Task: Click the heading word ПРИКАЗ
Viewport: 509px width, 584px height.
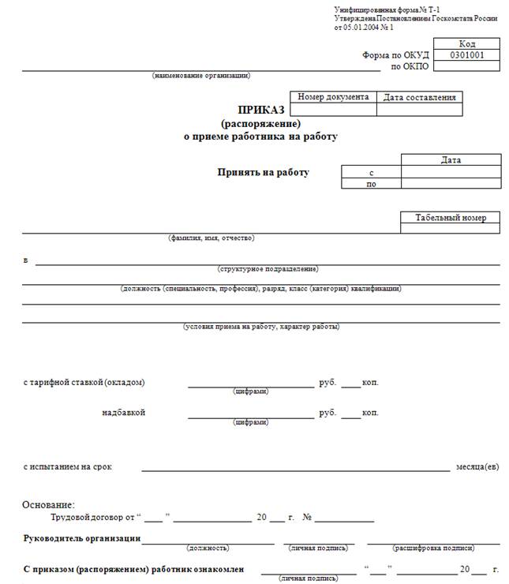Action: pos(260,110)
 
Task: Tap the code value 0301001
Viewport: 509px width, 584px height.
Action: pos(467,55)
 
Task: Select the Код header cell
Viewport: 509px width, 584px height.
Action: pos(467,44)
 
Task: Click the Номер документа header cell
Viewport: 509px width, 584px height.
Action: pos(334,97)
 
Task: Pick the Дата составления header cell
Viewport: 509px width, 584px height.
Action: pos(420,98)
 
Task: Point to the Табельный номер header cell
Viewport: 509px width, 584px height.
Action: pos(451,218)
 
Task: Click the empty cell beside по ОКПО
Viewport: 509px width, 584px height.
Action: pos(467,66)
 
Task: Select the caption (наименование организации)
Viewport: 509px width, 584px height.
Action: pos(201,76)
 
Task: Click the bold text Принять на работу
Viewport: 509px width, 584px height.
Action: pos(264,172)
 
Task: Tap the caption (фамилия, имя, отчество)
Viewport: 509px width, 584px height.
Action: pos(211,238)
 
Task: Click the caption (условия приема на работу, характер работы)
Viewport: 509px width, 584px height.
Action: pos(261,326)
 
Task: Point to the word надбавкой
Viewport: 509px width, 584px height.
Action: pos(123,412)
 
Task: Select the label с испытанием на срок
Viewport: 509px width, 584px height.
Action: pos(68,466)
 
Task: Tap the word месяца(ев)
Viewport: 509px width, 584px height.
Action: pos(477,466)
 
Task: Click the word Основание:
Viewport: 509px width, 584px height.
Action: pos(48,505)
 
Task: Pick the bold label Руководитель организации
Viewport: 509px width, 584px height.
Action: pos(83,538)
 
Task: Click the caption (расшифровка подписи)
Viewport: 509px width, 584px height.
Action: pos(432,548)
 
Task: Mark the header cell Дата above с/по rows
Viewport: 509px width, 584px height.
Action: pos(451,160)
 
